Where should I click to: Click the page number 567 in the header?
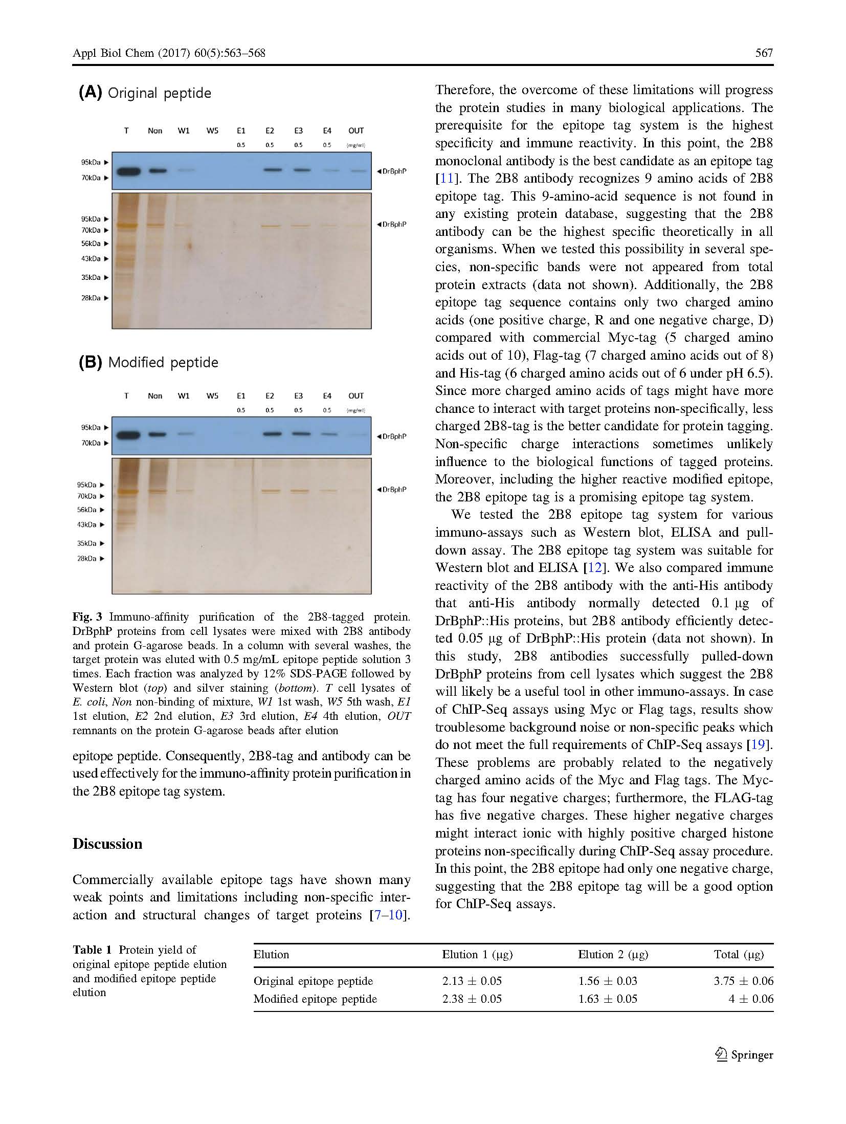tap(764, 53)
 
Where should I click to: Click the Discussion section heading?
tap(107, 844)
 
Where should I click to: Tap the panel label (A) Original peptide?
tap(145, 93)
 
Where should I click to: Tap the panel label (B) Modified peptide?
tap(148, 362)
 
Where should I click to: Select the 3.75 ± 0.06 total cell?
tap(743, 981)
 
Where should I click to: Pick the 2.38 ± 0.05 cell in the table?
tap(472, 999)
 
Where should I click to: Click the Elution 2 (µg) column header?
tap(613, 954)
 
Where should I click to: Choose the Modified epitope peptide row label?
tap(315, 999)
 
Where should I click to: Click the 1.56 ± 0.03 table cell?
tap(608, 981)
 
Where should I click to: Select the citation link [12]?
tap(595, 567)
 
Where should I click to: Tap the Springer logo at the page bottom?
tap(744, 1054)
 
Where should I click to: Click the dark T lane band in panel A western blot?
tap(127, 171)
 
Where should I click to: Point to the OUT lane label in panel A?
tap(356, 131)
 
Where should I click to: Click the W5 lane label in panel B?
tap(212, 396)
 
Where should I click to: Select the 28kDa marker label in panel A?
tap(91, 298)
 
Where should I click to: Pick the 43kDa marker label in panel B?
tap(87, 524)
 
